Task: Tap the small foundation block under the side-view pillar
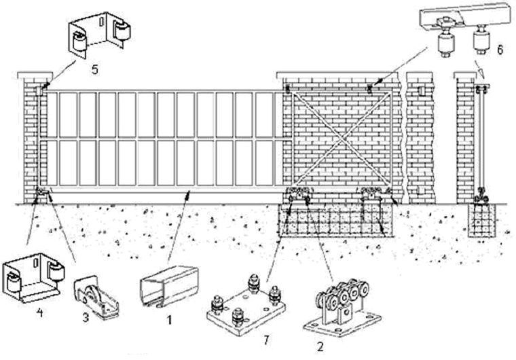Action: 487,218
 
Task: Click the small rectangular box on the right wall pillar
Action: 424,91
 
